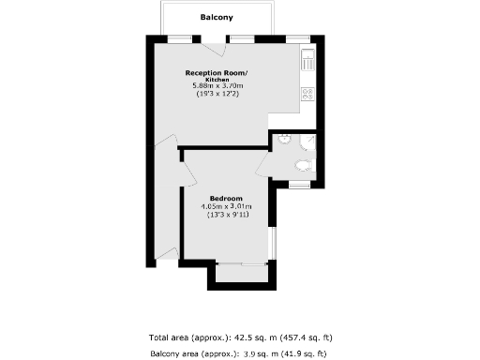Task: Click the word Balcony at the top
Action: tap(217, 17)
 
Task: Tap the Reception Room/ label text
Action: tap(216, 72)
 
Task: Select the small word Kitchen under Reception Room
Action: tap(216, 80)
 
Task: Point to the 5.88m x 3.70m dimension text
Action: tap(216, 87)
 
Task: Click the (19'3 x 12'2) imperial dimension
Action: tap(216, 95)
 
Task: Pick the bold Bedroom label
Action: tap(227, 199)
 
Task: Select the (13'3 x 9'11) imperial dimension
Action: tap(228, 215)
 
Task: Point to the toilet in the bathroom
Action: tap(302, 165)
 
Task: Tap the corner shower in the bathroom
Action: tap(310, 141)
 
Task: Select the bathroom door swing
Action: tap(268, 164)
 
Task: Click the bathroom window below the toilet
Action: tap(300, 185)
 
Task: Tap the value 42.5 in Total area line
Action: tap(241, 337)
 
